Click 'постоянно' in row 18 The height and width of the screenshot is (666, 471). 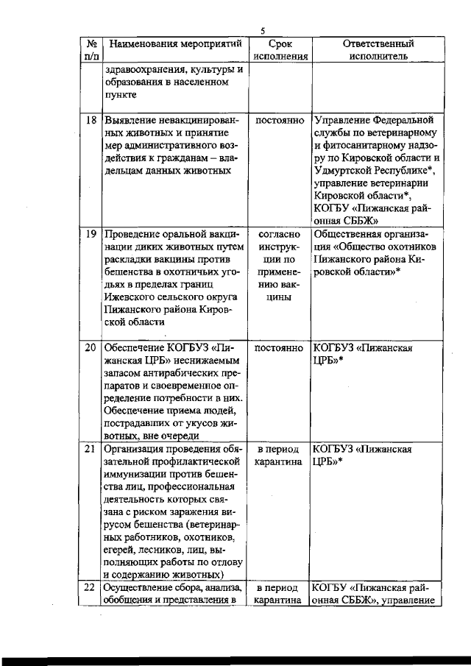(280, 119)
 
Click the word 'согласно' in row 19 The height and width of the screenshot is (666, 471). (280, 234)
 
